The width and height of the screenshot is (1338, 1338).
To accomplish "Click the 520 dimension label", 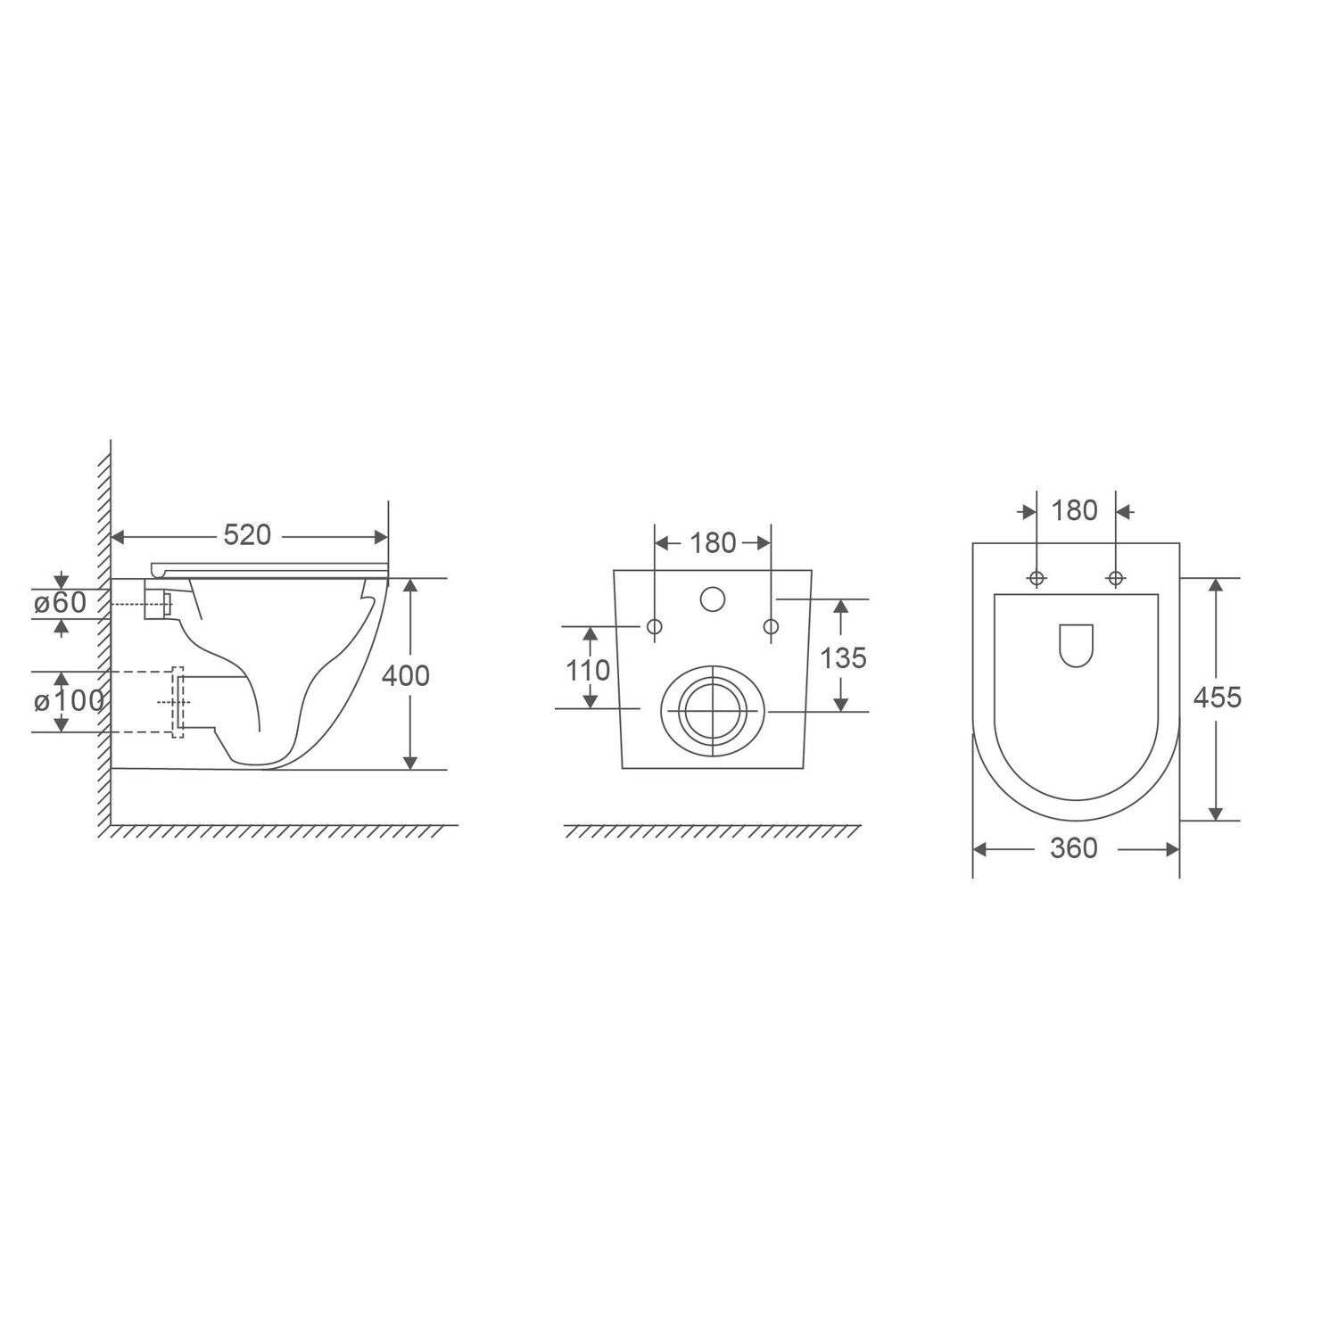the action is point(247,535).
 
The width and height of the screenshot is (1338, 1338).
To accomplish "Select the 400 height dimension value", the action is point(406,675).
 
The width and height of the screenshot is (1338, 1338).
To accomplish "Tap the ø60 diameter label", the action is point(61,603).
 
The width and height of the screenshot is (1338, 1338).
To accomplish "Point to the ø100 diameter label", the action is point(69,701).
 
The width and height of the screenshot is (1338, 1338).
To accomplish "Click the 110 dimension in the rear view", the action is point(589,669).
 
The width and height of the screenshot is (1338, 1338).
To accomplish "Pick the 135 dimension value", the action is point(843,657).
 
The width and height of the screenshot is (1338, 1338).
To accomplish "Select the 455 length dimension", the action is point(1218,697).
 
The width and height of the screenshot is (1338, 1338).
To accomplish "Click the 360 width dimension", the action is point(1074,848).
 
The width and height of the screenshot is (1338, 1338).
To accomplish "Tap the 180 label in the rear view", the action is point(713,542).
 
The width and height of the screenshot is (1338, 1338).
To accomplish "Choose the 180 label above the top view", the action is point(1075,510).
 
